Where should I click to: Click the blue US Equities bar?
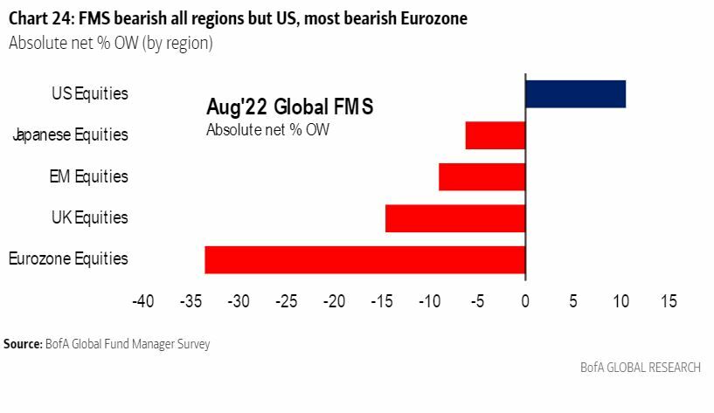click(575, 93)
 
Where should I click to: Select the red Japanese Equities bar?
click(496, 135)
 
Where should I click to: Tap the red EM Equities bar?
click(482, 176)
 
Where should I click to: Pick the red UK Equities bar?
click(455, 217)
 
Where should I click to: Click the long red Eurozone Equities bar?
click(364, 259)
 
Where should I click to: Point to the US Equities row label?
click(89, 93)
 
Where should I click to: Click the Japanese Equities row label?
click(70, 135)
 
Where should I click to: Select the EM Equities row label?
click(88, 176)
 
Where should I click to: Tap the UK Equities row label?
click(89, 217)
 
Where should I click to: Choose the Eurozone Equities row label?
click(68, 259)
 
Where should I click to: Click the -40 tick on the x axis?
click(142, 301)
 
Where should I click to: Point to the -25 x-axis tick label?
click(286, 301)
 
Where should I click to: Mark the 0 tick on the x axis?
click(525, 301)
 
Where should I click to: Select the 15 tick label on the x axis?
click(669, 301)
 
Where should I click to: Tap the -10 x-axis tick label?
click(429, 301)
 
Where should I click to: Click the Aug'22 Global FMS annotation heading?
click(289, 108)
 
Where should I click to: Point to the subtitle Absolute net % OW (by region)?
click(110, 42)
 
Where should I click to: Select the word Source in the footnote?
click(22, 344)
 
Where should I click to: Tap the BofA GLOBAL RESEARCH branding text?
click(640, 368)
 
